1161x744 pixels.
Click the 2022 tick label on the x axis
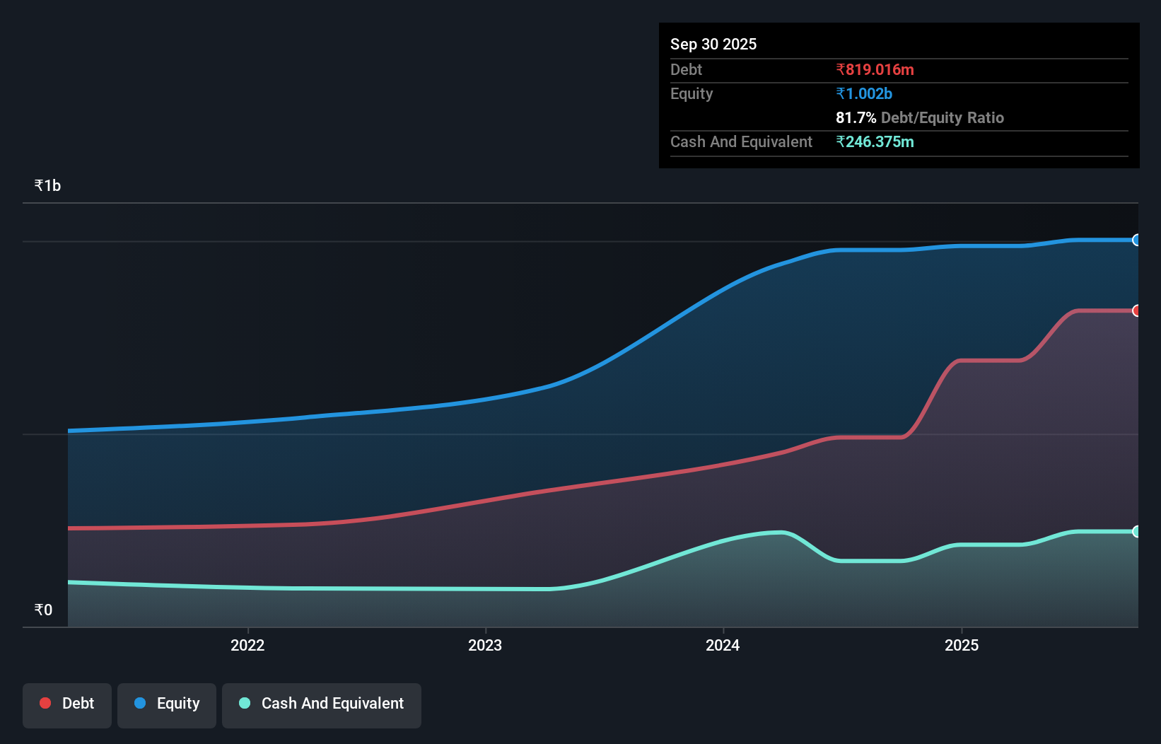(247, 645)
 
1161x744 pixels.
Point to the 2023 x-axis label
(485, 645)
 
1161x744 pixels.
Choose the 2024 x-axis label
(723, 645)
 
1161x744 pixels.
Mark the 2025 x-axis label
(962, 645)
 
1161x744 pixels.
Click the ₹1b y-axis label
(47, 186)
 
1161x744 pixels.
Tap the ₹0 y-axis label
(43, 610)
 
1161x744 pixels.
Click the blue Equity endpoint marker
(1136, 240)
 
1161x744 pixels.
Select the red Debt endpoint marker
(1136, 310)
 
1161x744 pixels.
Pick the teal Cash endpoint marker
(1136, 532)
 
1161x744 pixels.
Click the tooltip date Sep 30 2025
(713, 45)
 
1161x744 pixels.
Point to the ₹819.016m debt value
(875, 70)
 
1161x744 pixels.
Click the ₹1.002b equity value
(864, 94)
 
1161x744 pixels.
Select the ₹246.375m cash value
(875, 142)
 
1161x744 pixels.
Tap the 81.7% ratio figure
(856, 118)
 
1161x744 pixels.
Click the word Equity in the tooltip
(692, 94)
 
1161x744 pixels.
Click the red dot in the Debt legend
(45, 703)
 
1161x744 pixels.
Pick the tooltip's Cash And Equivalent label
(741, 142)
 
